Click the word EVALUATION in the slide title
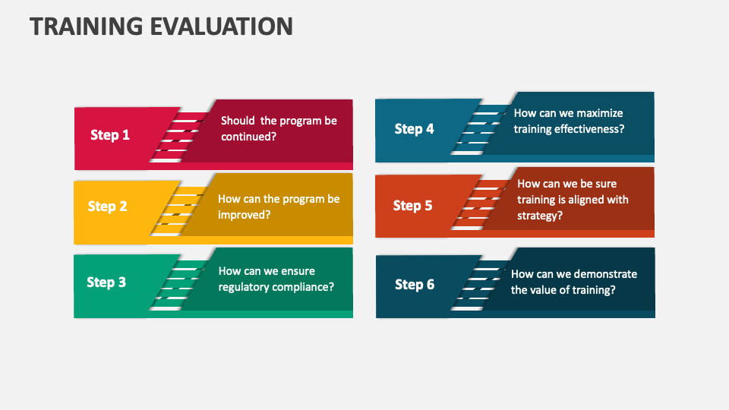[x=223, y=26]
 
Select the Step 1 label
[x=110, y=135]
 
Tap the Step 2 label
[x=107, y=207]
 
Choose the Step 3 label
[x=106, y=282]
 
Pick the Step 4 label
[x=414, y=129]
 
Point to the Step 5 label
[x=412, y=206]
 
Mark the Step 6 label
[x=415, y=285]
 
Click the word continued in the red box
[x=246, y=137]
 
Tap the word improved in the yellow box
[x=242, y=215]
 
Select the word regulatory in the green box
[x=245, y=287]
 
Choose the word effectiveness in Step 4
[x=587, y=129]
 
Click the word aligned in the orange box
[x=583, y=200]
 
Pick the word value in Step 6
[x=543, y=290]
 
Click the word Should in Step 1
[x=238, y=121]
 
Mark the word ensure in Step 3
[x=299, y=271]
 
